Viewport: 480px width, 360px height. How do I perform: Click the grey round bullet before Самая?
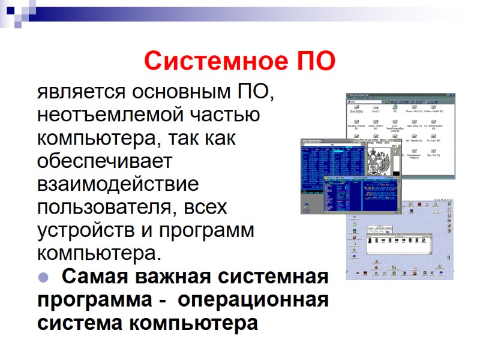tap(43, 277)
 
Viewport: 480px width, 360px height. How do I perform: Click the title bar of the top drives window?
tap(400, 95)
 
